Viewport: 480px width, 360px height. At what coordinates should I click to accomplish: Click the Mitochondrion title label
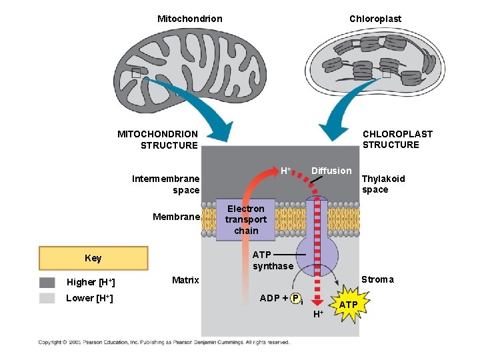point(189,19)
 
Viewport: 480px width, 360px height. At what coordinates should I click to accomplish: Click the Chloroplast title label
point(375,19)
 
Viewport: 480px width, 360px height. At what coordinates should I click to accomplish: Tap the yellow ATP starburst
point(349,305)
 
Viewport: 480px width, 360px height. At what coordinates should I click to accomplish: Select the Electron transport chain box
point(245,219)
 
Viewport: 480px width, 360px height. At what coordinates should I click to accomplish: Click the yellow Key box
point(93,258)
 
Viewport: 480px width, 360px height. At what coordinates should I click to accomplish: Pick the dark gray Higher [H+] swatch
point(47,282)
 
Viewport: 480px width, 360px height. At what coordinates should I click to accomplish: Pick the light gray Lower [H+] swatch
point(47,298)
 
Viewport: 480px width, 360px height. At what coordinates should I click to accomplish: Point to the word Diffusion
point(331,171)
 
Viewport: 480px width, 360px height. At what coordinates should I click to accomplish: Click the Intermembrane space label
point(166,184)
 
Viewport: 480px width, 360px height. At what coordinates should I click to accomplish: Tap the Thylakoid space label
point(383,184)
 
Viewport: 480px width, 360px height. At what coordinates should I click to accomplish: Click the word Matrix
point(185,280)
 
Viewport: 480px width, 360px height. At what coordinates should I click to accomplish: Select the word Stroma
point(377,279)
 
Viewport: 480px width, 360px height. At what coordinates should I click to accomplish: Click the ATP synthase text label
point(273,260)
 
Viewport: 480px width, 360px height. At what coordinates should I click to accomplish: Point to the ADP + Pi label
point(281,298)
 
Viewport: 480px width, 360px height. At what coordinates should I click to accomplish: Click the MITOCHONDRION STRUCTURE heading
point(158,139)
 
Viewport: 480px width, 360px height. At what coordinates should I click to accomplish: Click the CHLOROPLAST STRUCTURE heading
point(397,139)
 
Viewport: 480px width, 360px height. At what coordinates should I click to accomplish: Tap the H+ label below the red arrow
point(318,314)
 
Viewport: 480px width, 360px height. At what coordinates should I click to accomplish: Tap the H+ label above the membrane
point(285,171)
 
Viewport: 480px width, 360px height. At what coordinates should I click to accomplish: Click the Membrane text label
point(176,216)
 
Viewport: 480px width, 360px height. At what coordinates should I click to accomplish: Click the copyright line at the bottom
point(164,342)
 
